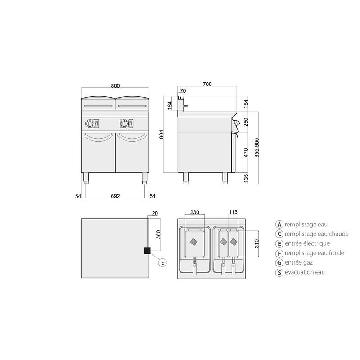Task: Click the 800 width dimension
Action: [115, 85]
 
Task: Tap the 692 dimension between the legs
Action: [115, 196]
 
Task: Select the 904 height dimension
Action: [162, 134]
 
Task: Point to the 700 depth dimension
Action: [207, 84]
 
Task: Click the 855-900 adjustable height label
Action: [257, 148]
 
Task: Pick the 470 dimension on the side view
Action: [246, 153]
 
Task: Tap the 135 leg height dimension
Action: [246, 178]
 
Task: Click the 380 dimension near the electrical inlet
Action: [158, 234]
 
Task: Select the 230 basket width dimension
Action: [195, 212]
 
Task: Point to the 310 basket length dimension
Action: [256, 243]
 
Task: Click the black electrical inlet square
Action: [147, 251]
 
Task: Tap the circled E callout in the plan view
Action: [162, 262]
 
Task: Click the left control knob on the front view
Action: [89, 124]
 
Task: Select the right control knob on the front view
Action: [124, 124]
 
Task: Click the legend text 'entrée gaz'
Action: [299, 262]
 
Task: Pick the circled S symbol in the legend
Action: [279, 273]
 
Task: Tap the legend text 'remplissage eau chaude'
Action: [317, 234]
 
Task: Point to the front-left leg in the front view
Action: [85, 178]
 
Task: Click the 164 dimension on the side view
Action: [170, 105]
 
